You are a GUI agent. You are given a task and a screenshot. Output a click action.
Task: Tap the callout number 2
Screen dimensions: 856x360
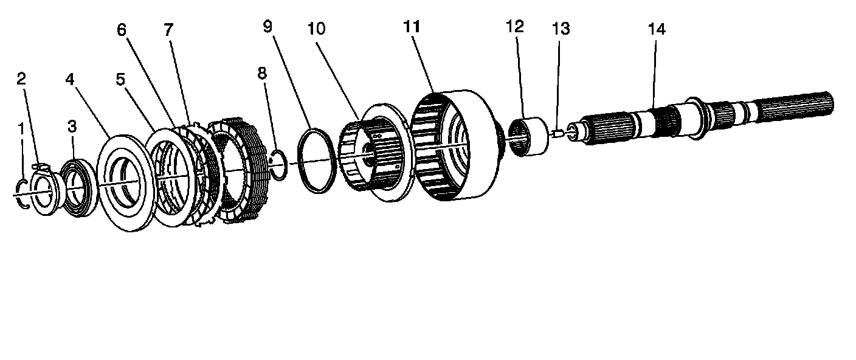pyautogui.click(x=21, y=78)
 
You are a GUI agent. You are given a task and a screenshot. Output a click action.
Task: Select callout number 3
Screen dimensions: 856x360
pyautogui.click(x=72, y=127)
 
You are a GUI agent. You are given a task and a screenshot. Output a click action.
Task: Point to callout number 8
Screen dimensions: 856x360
pyautogui.click(x=262, y=74)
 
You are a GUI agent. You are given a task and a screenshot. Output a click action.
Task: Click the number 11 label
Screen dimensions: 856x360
pyautogui.click(x=412, y=27)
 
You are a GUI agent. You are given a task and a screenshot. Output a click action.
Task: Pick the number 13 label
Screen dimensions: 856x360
pyautogui.click(x=561, y=29)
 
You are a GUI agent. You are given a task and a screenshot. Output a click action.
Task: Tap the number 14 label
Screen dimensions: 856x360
pyautogui.click(x=657, y=29)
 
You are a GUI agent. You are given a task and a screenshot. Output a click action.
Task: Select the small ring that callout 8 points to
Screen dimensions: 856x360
pyautogui.click(x=278, y=165)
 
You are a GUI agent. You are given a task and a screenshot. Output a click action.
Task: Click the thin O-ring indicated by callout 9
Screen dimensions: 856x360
pyautogui.click(x=316, y=161)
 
